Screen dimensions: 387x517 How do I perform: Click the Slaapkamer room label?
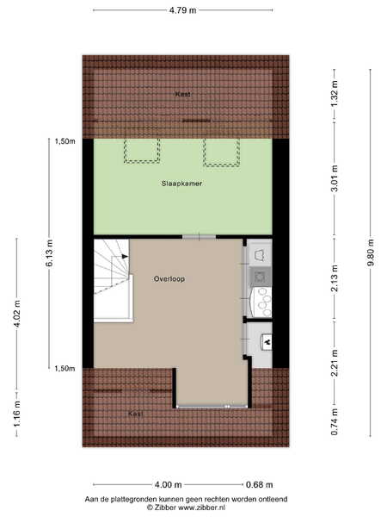click(181, 184)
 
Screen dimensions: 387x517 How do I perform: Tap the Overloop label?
click(169, 279)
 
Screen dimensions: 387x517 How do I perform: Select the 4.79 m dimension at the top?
click(182, 10)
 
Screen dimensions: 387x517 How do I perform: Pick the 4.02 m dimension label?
click(17, 313)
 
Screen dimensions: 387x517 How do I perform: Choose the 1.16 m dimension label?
click(17, 414)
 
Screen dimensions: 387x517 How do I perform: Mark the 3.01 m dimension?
click(335, 178)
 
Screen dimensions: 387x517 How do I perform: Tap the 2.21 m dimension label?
click(335, 363)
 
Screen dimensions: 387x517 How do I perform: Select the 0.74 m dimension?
click(335, 421)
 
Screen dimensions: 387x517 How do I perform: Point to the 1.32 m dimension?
click(335, 94)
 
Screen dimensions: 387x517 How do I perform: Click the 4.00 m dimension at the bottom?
click(169, 484)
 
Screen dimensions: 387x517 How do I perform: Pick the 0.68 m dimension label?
click(260, 484)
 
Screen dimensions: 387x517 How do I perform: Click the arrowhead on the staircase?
click(125, 256)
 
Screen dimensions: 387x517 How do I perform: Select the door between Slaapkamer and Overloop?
click(200, 237)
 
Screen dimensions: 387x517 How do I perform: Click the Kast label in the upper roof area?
click(182, 94)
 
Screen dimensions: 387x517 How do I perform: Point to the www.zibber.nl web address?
click(202, 508)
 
